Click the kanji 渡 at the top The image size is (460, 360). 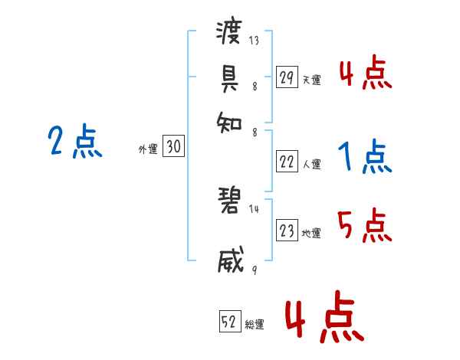[x=230, y=33]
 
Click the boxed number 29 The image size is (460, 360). [x=287, y=77]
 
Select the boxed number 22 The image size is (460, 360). [x=287, y=162]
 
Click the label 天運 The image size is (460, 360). [x=311, y=79]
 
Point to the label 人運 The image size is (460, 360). [x=311, y=164]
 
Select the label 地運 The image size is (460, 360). [x=311, y=233]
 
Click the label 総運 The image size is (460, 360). [x=255, y=324]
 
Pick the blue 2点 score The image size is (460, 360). [x=74, y=142]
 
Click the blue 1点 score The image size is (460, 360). [x=365, y=157]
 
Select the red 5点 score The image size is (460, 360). [x=365, y=227]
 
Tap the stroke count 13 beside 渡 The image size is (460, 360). [x=253, y=40]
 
